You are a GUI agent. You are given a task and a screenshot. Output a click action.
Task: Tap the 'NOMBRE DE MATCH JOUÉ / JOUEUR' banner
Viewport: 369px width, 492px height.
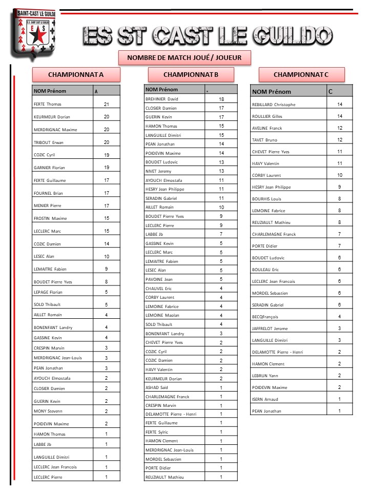pyautogui.click(x=184, y=57)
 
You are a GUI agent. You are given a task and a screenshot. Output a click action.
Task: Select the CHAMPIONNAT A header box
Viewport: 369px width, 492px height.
pyautogui.click(x=76, y=75)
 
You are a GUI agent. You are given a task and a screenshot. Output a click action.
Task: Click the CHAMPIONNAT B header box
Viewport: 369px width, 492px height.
pyautogui.click(x=191, y=75)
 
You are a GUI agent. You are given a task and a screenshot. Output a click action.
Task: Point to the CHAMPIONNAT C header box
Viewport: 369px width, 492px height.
pyautogui.click(x=301, y=75)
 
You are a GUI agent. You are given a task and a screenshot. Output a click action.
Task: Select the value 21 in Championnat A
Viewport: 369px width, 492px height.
pyautogui.click(x=107, y=104)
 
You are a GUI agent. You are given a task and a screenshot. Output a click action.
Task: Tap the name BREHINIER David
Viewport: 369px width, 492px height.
pyautogui.click(x=162, y=99)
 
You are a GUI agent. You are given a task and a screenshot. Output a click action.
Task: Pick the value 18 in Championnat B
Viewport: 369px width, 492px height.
pyautogui.click(x=221, y=99)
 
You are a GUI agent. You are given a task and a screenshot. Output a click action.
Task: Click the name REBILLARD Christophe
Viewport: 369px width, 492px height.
pyautogui.click(x=274, y=105)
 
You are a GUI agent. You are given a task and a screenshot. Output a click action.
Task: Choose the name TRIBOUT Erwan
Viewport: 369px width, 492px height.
pyautogui.click(x=48, y=142)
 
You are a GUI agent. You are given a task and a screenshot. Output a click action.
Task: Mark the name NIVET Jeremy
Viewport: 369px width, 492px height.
pyautogui.click(x=158, y=171)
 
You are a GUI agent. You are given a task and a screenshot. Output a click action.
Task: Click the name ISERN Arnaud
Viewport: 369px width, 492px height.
pyautogui.click(x=265, y=399)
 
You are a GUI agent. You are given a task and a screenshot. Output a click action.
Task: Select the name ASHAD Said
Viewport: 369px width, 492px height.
pyautogui.click(x=157, y=387)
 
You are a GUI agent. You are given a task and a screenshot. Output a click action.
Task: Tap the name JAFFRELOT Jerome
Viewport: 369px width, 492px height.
pyautogui.click(x=270, y=329)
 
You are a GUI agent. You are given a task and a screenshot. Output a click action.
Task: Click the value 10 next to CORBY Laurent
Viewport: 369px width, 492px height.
pyautogui.click(x=339, y=175)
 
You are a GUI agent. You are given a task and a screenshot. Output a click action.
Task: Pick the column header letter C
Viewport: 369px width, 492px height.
pyautogui.click(x=330, y=91)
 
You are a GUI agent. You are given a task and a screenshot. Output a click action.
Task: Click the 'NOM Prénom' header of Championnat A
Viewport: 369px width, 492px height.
pyautogui.click(x=50, y=91)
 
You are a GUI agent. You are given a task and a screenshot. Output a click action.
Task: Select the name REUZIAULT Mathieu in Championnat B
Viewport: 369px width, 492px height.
pyautogui.click(x=165, y=478)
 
